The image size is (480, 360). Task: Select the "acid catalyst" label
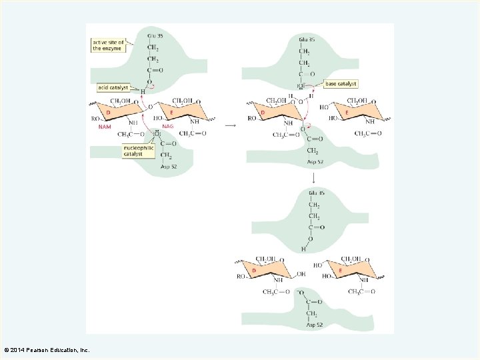pos(113,87)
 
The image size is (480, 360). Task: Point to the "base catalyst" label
pos(341,84)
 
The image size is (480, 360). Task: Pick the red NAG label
pos(168,127)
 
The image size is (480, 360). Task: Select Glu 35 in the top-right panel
pos(307,39)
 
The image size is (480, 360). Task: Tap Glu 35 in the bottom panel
pos(317,193)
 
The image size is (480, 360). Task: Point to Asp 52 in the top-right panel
pos(315,162)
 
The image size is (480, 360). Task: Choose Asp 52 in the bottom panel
pos(315,325)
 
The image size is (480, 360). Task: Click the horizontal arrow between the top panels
pos(230,125)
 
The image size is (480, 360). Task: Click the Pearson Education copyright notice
pos(47,349)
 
